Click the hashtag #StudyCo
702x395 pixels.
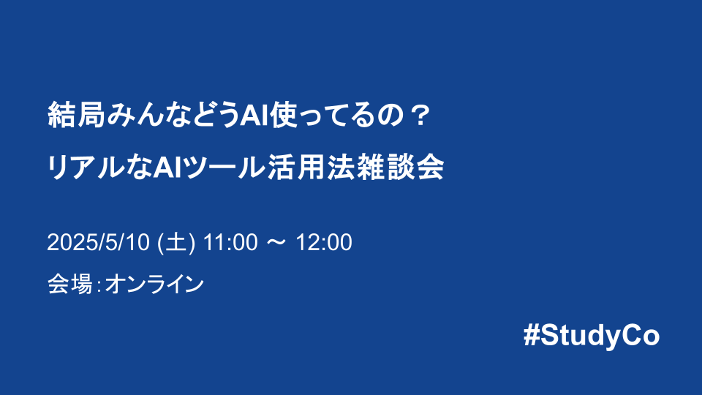tap(592, 336)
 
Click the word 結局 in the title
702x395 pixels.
tap(72, 116)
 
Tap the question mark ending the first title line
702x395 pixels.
tap(418, 116)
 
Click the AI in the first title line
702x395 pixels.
tap(255, 116)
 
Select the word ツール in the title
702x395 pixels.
tap(220, 168)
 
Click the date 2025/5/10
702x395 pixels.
tap(98, 243)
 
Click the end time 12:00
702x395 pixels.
tap(323, 243)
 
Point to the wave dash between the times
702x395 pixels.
tap(276, 243)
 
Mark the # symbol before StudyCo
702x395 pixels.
tap(532, 336)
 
